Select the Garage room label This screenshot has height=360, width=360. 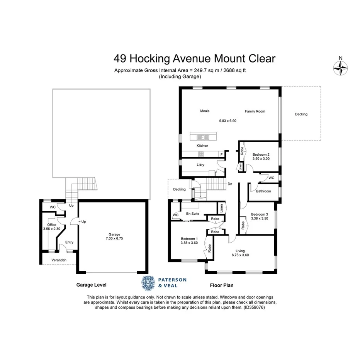(x=114, y=234)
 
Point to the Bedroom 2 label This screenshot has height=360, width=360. (x=260, y=155)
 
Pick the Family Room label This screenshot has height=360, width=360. (x=255, y=111)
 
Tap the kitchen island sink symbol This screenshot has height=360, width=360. (x=202, y=137)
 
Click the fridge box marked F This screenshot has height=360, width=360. (x=221, y=154)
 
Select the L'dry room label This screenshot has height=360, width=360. (x=200, y=165)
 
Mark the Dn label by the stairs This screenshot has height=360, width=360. (x=230, y=184)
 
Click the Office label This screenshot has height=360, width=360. (x=51, y=225)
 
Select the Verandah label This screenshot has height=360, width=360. (x=59, y=260)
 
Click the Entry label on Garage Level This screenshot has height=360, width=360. (x=69, y=243)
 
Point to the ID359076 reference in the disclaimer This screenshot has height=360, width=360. (x=254, y=307)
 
